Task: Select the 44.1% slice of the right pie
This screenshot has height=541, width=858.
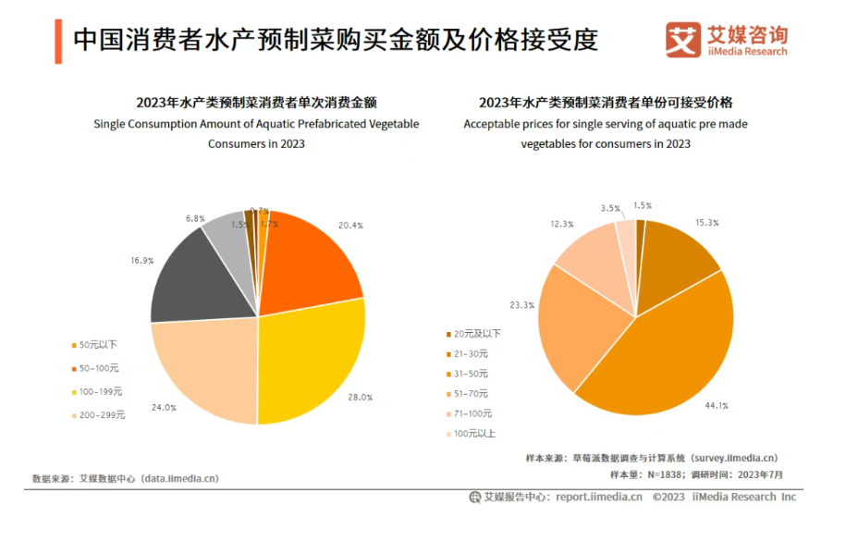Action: [661, 351]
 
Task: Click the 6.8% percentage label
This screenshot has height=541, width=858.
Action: [195, 219]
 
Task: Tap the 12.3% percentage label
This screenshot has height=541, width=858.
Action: [561, 224]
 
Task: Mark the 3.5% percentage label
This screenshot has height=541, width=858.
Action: [609, 208]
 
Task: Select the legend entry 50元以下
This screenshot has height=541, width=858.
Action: [97, 345]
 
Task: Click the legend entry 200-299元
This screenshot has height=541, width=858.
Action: [101, 415]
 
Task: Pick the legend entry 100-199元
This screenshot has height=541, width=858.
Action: [101, 392]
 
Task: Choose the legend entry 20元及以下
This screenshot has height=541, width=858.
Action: [472, 334]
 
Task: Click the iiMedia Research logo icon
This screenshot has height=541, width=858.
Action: [683, 39]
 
